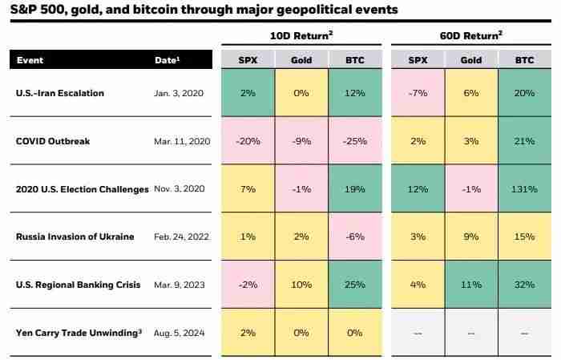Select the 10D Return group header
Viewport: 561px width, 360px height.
(302, 35)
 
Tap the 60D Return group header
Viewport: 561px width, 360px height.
(471, 35)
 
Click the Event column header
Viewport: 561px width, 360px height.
(30, 60)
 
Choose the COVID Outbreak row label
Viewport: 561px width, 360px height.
(53, 141)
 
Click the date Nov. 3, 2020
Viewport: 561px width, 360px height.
(181, 189)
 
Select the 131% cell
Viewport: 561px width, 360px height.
(524, 189)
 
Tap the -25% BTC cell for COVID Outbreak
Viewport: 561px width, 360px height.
(354, 141)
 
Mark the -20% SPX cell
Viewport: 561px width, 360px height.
(247, 141)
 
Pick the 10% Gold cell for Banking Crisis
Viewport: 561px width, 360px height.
(301, 285)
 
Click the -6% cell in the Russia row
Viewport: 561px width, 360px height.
(354, 237)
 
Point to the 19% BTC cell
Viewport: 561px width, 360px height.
(354, 189)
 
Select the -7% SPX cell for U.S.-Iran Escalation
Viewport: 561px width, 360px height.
(417, 93)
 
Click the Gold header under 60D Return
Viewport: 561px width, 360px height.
(470, 60)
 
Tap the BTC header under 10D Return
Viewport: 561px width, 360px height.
(354, 60)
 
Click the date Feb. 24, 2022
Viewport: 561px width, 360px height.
(181, 237)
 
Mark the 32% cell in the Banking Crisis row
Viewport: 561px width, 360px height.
(524, 285)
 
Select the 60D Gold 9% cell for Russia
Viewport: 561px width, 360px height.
(470, 237)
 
